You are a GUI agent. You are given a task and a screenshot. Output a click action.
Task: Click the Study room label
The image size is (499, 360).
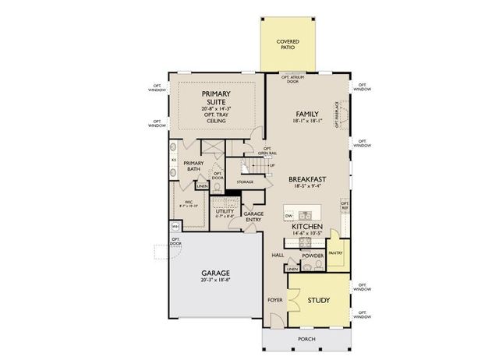(x=317, y=300)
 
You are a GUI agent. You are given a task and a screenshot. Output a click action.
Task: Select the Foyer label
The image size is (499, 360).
(x=274, y=299)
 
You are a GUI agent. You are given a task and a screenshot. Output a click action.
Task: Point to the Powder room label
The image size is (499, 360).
(x=313, y=255)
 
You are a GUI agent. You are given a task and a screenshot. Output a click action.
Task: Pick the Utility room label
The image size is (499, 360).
(x=225, y=211)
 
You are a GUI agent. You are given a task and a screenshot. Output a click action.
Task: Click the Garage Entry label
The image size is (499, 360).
(x=253, y=216)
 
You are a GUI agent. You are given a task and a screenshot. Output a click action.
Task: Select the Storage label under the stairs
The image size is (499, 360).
(x=245, y=182)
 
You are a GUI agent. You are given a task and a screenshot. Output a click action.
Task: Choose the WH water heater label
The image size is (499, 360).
(x=175, y=227)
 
